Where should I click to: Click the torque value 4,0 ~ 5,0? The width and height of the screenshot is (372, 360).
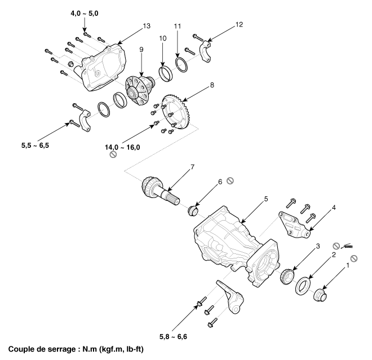[x=84, y=14]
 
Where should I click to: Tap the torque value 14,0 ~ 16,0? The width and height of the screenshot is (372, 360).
[x=122, y=147]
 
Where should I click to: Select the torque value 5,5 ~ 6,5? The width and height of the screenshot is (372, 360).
[x=35, y=146]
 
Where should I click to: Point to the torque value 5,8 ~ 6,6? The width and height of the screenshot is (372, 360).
[x=173, y=336]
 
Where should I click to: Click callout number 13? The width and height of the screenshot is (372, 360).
[x=147, y=25]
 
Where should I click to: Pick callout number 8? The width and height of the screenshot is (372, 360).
[x=212, y=85]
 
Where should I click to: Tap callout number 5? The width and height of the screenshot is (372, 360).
[x=266, y=199]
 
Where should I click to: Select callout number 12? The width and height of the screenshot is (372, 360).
[x=239, y=24]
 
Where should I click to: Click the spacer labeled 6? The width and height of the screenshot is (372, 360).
[x=193, y=210]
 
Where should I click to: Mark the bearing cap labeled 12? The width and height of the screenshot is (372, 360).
[x=206, y=52]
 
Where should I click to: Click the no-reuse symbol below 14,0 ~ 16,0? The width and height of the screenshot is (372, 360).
[x=113, y=155]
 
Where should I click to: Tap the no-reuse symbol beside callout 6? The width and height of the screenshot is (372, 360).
[x=230, y=181]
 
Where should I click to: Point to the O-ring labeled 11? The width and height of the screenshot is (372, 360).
[x=182, y=64]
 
